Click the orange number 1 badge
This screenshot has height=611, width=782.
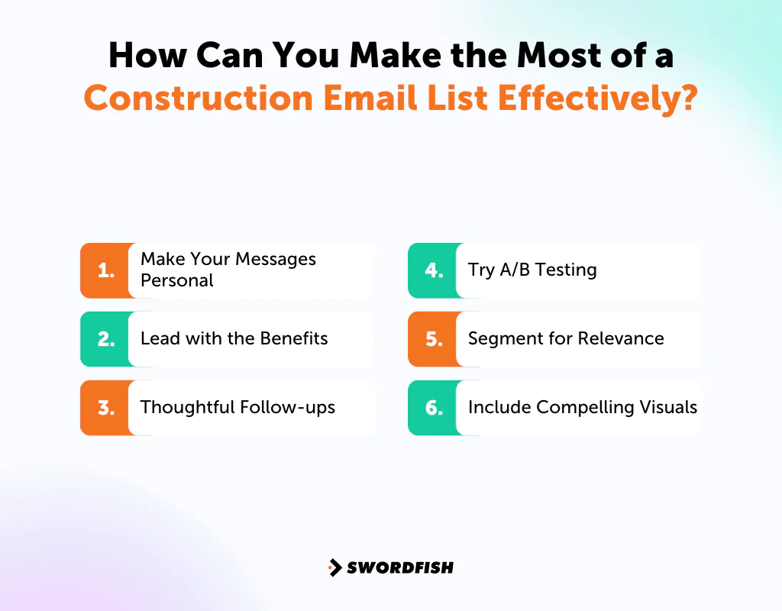pos(105,270)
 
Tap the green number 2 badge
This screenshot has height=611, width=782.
pos(105,339)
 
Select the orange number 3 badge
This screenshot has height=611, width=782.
pos(105,408)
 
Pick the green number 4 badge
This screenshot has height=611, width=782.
pos(433,270)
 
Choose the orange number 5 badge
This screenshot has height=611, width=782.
pos(433,339)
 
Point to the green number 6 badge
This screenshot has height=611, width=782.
pos(433,408)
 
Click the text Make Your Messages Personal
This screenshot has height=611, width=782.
pos(228,270)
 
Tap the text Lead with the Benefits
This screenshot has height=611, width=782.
pos(234,338)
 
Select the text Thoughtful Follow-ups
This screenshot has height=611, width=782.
pos(238,407)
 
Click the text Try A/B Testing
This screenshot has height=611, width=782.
pos(532,270)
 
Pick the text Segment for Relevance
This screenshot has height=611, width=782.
pos(566,338)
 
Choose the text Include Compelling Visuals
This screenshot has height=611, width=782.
pos(582,407)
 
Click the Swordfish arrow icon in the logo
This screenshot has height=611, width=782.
pos(334,567)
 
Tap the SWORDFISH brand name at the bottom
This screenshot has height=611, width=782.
pos(400,567)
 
